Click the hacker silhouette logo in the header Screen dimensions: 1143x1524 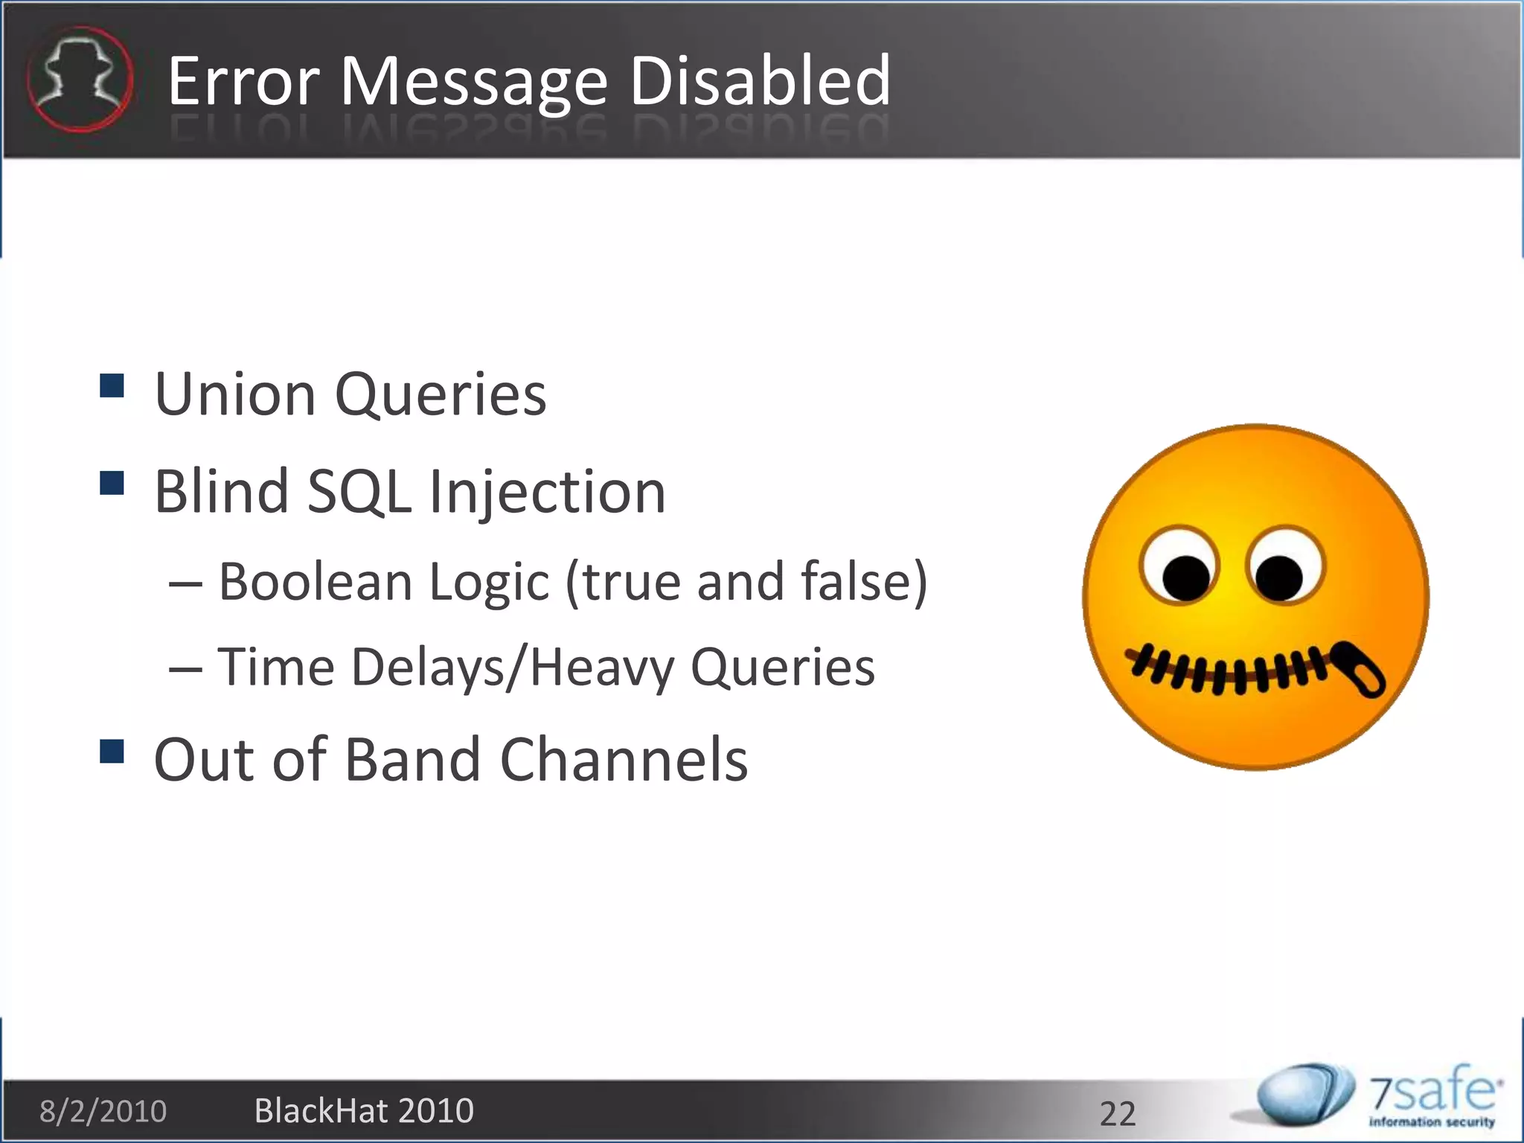80,79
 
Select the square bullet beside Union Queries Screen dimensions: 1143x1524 112,386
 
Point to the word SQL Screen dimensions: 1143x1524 359,491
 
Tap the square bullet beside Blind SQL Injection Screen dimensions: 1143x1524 112,483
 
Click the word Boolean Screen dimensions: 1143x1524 315,581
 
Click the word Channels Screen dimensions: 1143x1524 624,760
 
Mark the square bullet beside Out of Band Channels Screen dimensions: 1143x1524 112,752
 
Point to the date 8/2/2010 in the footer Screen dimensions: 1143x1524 103,1111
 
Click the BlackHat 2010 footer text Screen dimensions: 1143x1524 364,1111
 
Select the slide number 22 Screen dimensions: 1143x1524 1118,1113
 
